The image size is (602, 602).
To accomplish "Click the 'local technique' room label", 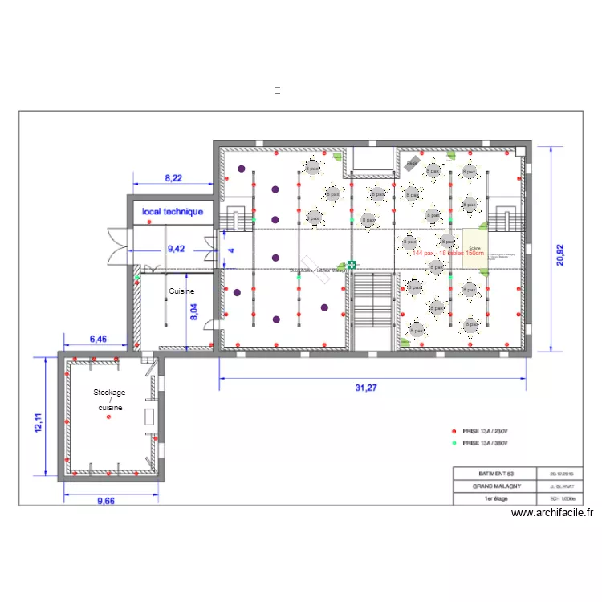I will pyautogui.click(x=173, y=212).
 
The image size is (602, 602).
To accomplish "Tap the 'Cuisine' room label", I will pyautogui.click(x=182, y=292).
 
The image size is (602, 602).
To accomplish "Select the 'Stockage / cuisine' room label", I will pyautogui.click(x=109, y=400).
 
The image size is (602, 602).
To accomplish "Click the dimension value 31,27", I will pyautogui.click(x=365, y=388).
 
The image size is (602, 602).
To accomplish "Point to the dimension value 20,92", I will pyautogui.click(x=561, y=250).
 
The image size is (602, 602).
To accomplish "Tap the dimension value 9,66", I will pyautogui.click(x=106, y=501).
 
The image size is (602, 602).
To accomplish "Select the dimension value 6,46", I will pyautogui.click(x=96, y=340).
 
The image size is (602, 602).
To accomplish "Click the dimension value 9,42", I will pyautogui.click(x=176, y=249).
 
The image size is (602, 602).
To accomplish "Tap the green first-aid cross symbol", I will pyautogui.click(x=352, y=264).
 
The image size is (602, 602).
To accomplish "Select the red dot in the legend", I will pyautogui.click(x=454, y=430).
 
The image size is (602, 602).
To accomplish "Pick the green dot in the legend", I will pyautogui.click(x=454, y=442).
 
